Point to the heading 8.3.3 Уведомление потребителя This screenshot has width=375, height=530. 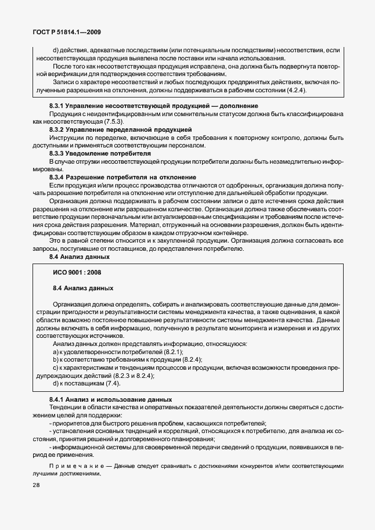(100, 153)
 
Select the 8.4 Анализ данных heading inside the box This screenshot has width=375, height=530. (83, 287)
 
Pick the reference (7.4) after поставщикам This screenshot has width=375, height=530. (111, 384)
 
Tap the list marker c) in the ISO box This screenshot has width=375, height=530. (55, 368)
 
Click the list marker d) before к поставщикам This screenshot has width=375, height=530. (56, 384)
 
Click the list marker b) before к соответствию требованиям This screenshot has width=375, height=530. (56, 360)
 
